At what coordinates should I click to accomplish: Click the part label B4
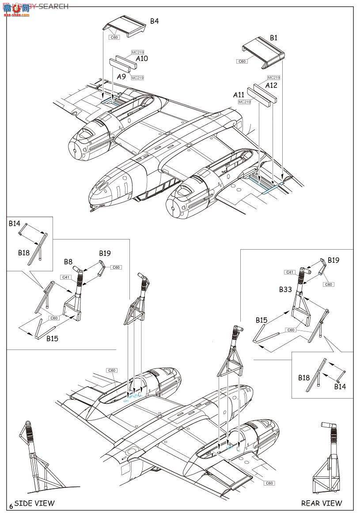[x=154, y=21]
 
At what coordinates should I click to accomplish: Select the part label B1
[x=273, y=38]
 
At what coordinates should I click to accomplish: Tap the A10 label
[x=142, y=58]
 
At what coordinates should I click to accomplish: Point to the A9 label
[x=122, y=76]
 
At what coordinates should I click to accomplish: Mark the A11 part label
[x=239, y=95]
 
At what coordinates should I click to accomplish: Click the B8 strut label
[x=68, y=262]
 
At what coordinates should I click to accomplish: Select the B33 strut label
[x=285, y=289]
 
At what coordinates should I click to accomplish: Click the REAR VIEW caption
[x=322, y=503]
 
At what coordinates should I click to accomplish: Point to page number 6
[x=11, y=506]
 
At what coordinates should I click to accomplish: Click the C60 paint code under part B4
[x=114, y=38]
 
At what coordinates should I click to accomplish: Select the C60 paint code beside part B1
[x=242, y=61]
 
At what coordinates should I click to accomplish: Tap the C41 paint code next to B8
[x=65, y=277]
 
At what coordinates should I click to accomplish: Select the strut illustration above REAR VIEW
[x=329, y=460]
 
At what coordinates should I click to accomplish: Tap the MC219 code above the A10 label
[x=137, y=52]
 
